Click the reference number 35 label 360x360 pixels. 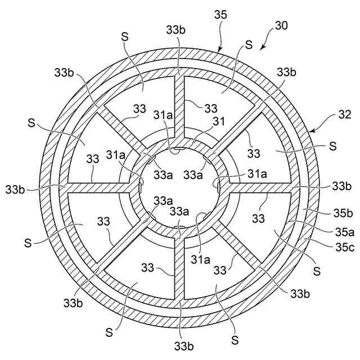pyautogui.click(x=221, y=14)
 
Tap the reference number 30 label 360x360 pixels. pyautogui.click(x=282, y=26)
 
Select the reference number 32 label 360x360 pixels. pyautogui.click(x=330, y=115)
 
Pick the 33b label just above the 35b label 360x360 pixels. pyautogui.click(x=341, y=185)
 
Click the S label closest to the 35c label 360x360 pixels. pyautogui.click(x=317, y=271)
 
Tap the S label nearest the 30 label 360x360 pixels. pyautogui.click(x=249, y=43)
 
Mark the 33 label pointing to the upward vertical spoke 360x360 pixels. pyautogui.click(x=211, y=108)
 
